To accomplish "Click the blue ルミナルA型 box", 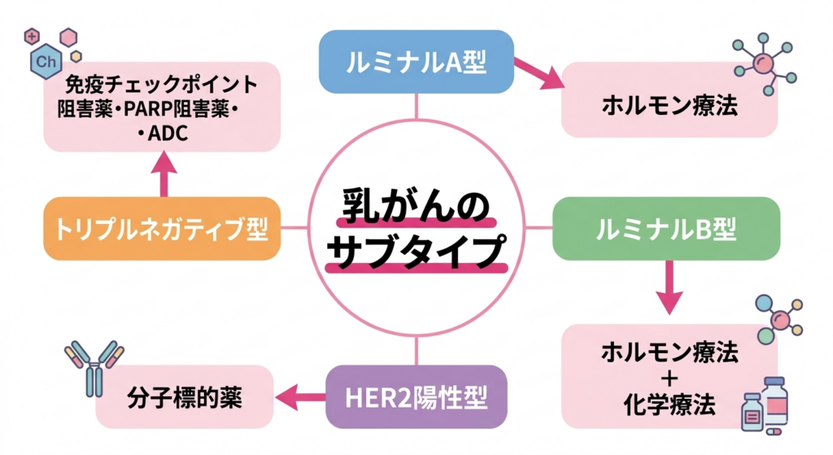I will click(x=416, y=63).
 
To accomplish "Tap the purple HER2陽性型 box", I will click(x=416, y=398).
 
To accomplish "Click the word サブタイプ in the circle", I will click(x=416, y=252).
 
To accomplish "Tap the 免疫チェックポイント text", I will click(x=160, y=85).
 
